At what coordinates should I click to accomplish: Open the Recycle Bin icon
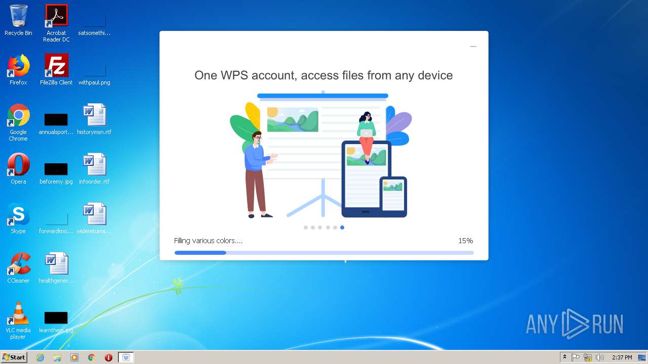[18, 16]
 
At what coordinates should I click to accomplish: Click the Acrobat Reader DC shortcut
[56, 16]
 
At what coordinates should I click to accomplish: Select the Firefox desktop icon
[18, 66]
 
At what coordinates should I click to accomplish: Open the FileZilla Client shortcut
[56, 66]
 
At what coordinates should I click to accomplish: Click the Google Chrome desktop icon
[18, 115]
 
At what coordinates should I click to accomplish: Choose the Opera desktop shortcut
[18, 165]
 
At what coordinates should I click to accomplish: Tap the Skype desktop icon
[18, 214]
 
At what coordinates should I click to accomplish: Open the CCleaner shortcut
[18, 264]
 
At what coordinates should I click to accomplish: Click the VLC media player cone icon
[18, 313]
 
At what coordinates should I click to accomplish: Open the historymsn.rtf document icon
[94, 115]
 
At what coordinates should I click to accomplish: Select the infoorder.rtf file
[94, 165]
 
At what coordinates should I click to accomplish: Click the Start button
[14, 357]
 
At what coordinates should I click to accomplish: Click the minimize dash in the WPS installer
[473, 47]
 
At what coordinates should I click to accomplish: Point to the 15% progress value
[465, 241]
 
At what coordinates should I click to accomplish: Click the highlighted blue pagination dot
[342, 227]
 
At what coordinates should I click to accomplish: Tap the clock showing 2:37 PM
[622, 357]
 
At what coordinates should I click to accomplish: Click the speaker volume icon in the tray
[600, 357]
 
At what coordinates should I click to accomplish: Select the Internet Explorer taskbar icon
[40, 357]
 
